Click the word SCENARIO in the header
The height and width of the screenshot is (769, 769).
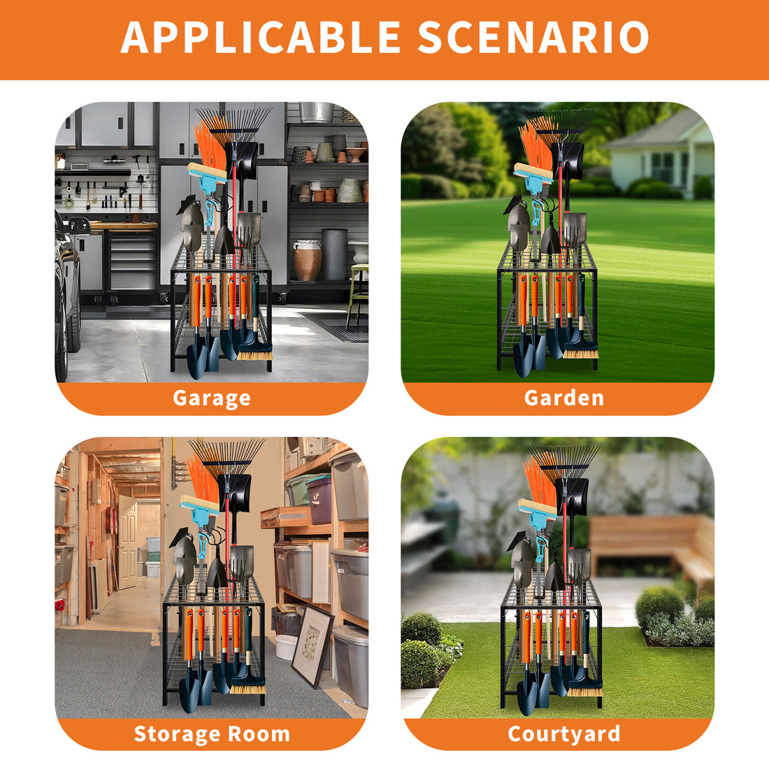pos(533,37)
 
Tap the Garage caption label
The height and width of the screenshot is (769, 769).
pos(211,398)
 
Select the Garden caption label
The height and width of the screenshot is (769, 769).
pos(564,397)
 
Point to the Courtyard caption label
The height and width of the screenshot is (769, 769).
pos(564,733)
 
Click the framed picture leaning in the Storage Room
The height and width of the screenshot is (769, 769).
pos(312,646)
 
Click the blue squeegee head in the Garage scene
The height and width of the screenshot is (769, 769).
pos(207,172)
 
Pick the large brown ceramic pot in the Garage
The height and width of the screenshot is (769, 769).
pos(307,260)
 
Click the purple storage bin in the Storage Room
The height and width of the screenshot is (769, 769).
pos(319,501)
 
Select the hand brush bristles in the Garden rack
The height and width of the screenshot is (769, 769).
pos(581,353)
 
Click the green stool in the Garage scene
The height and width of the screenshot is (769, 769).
pos(358,294)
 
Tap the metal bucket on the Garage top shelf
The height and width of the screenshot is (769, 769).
pos(317,112)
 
